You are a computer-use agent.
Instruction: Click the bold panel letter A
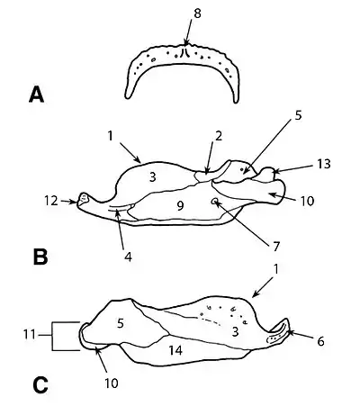coord(36,95)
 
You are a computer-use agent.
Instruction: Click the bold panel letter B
coord(40,257)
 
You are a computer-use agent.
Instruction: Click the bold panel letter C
coord(40,384)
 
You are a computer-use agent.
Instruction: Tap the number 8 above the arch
coord(197,14)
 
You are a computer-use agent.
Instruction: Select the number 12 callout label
coord(51,201)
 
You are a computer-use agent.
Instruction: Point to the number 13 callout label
coord(324,164)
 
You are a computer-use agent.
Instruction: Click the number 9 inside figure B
coord(180,206)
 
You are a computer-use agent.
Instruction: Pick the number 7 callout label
coord(276,247)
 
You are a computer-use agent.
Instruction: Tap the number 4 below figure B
coord(128,257)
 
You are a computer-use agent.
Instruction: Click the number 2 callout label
coord(219,136)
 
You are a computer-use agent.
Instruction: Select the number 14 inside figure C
coord(175,350)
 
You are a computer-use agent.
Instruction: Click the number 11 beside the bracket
coord(30,334)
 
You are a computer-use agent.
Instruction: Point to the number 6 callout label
coord(320,341)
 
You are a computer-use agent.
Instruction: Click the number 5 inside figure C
coord(121,323)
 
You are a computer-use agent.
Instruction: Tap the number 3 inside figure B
coord(153,177)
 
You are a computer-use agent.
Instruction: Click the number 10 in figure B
coord(307,201)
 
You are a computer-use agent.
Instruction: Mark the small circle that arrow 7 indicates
coord(215,202)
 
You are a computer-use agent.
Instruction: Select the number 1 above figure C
coord(276,269)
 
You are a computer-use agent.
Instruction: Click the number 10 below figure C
coord(112,383)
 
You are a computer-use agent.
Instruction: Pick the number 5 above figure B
coord(298,115)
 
